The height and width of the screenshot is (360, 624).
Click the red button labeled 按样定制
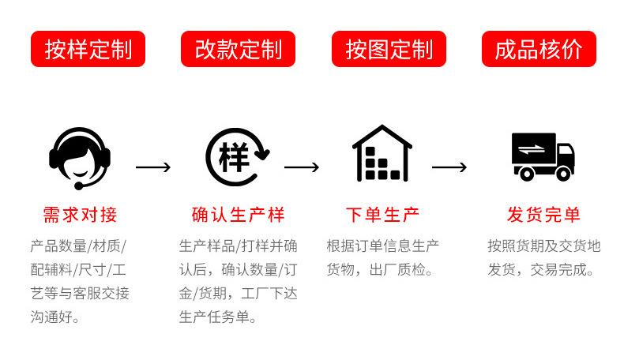[x=88, y=49]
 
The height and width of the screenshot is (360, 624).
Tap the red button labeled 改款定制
[x=238, y=49]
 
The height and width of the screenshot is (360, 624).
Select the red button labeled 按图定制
[x=389, y=49]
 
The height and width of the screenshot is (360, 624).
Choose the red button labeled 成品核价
[x=539, y=49]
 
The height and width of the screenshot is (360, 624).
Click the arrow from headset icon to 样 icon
[x=153, y=167]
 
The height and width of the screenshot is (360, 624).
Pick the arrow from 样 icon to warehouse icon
[x=302, y=167]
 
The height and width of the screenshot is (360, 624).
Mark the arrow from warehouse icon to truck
[x=449, y=167]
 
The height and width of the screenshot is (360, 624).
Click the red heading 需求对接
[x=80, y=215]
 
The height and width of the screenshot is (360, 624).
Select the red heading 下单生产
[x=383, y=215]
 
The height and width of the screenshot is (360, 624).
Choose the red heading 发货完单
[x=543, y=215]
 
